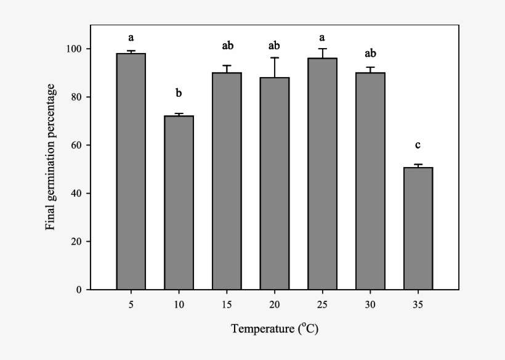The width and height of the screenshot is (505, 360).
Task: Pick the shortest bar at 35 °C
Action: point(418,228)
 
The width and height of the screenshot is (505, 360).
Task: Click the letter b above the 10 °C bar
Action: point(179,94)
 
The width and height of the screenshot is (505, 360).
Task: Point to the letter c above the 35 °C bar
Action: point(418,145)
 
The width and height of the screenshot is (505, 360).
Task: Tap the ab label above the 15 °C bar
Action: point(227,46)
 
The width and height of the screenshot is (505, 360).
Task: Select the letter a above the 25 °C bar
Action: point(322,36)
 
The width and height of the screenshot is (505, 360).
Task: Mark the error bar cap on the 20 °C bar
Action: point(274,58)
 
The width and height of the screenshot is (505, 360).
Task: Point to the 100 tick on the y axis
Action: point(76,49)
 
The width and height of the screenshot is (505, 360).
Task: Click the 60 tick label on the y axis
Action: point(79,145)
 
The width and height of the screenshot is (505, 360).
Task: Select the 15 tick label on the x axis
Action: point(227,305)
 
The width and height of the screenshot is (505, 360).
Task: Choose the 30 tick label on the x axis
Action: point(370,305)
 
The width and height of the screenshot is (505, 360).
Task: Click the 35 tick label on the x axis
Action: point(418,305)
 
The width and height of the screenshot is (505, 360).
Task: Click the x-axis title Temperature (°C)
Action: point(275,329)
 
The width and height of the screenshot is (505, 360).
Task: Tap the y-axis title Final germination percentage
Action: point(51,159)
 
